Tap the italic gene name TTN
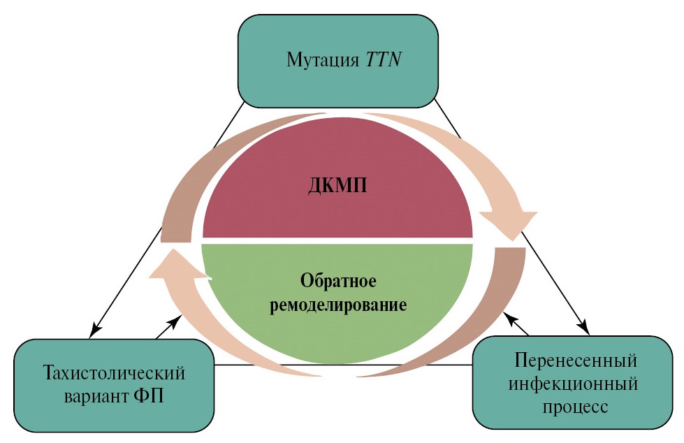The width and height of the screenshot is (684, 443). [x=381, y=59]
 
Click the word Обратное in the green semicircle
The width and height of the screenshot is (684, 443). [x=339, y=281]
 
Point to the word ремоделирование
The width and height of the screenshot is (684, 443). [x=338, y=305]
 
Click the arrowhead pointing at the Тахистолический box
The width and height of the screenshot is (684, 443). [x=96, y=328]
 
